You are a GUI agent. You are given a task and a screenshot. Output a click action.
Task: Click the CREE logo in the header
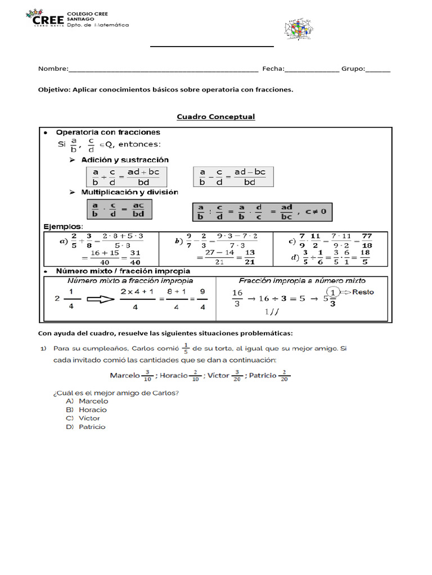pyautogui.click(x=45, y=19)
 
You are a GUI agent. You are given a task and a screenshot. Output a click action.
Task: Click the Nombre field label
pyautogui.click(x=52, y=69)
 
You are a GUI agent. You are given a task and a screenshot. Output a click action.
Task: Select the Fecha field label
pyautogui.click(x=273, y=69)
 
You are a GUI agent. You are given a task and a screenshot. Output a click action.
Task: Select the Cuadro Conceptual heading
pyautogui.click(x=215, y=117)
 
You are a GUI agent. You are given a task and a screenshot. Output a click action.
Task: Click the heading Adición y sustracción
pyautogui.click(x=124, y=160)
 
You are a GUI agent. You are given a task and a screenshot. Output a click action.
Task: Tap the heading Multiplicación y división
pyautogui.click(x=129, y=192)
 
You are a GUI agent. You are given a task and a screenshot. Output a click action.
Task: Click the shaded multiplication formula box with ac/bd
pyautogui.click(x=119, y=209)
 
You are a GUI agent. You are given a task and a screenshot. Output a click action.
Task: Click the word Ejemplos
pyautogui.click(x=63, y=226)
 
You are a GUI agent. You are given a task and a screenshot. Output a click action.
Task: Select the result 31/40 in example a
pyautogui.click(x=134, y=257)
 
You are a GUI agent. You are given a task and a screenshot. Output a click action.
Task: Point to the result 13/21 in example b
pyautogui.click(x=250, y=257)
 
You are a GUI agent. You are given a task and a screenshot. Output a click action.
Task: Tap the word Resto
pyautogui.click(x=363, y=292)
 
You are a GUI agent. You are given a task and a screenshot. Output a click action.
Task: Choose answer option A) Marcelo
pyautogui.click(x=87, y=401)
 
